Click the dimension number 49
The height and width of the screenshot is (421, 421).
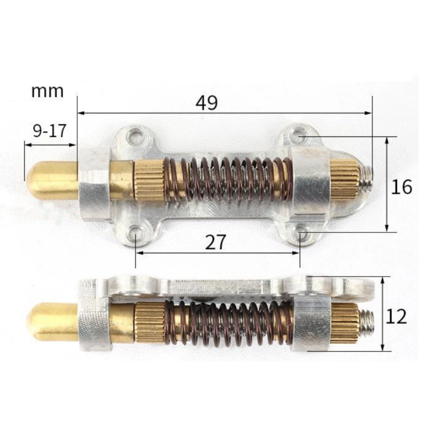(207, 103)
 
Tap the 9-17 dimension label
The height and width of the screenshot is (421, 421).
(49, 131)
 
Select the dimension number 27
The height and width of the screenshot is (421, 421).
(216, 242)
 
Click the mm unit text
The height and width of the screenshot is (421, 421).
(48, 91)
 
